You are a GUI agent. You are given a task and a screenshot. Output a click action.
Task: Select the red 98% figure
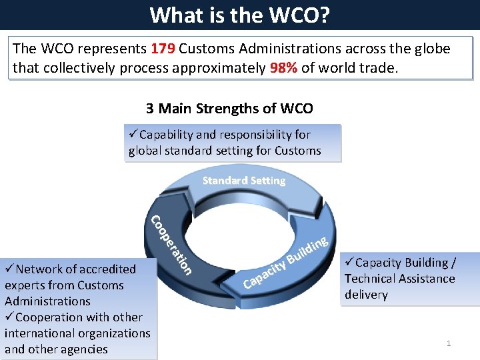coord(283,67)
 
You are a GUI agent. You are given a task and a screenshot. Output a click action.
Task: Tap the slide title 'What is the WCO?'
coord(239,14)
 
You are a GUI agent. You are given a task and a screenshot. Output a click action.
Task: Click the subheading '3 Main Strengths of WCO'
coord(229,108)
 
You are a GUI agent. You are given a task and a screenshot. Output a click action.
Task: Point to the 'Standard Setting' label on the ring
coord(243,181)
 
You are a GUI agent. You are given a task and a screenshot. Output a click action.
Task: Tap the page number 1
coord(449,343)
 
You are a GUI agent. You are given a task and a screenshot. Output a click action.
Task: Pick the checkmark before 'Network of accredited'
coord(9,269)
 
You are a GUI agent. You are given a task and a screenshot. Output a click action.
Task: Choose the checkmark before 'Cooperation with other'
coord(9,317)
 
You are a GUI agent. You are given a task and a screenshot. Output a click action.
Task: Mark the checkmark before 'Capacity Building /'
coord(350,263)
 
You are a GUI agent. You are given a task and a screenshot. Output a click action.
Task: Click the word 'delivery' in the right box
coord(366,295)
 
